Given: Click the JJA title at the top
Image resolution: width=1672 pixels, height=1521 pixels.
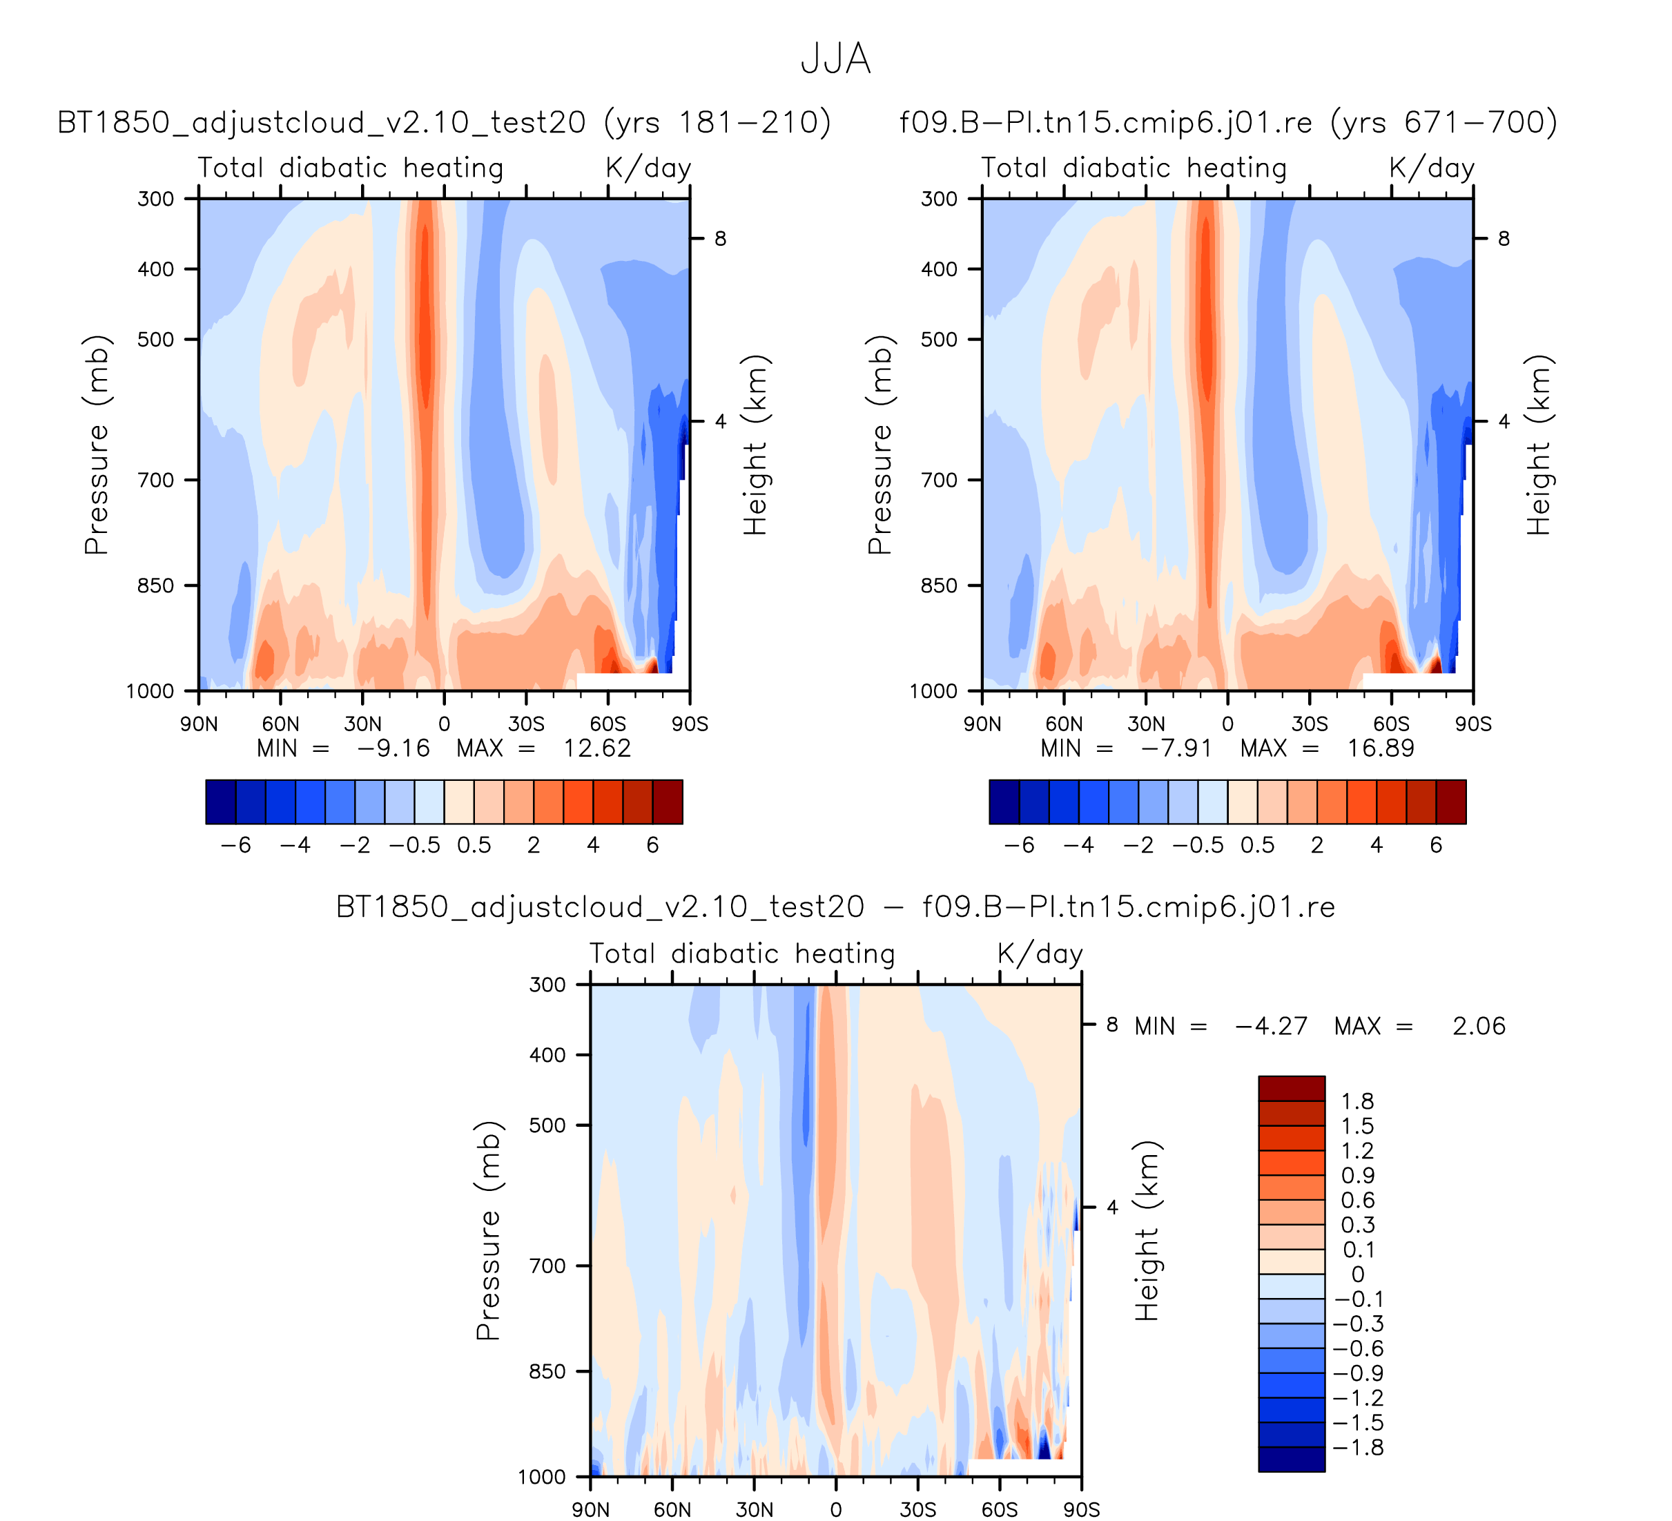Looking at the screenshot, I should click(x=835, y=59).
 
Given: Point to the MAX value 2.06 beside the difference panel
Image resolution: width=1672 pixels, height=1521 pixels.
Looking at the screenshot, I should click(x=1478, y=1026).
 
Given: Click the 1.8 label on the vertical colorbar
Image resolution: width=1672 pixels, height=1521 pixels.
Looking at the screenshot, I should click(x=1358, y=1101).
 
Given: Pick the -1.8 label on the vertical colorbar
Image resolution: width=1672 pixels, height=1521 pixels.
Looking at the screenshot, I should click(x=1358, y=1447).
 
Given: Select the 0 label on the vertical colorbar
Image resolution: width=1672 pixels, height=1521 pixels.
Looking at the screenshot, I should click(x=1358, y=1274).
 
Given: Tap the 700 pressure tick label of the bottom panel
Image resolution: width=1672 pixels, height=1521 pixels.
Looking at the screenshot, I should click(x=547, y=1266).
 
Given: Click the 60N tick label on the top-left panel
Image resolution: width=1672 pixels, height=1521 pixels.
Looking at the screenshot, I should click(x=280, y=724).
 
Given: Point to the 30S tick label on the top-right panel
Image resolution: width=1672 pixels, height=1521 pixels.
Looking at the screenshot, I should click(x=1309, y=724).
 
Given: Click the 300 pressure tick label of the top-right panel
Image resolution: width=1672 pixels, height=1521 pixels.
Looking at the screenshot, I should click(x=939, y=199).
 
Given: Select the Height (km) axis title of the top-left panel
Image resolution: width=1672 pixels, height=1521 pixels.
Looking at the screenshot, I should click(x=755, y=445).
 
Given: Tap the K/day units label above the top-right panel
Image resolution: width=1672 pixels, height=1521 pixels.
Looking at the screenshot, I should click(x=1432, y=168).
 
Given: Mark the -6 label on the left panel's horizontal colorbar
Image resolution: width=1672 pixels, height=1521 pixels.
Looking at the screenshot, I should click(x=235, y=845).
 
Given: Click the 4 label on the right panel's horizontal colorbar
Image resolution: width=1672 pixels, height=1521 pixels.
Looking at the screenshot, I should click(x=1376, y=845).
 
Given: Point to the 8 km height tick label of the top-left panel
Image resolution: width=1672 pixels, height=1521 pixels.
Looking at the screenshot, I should click(x=720, y=239).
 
